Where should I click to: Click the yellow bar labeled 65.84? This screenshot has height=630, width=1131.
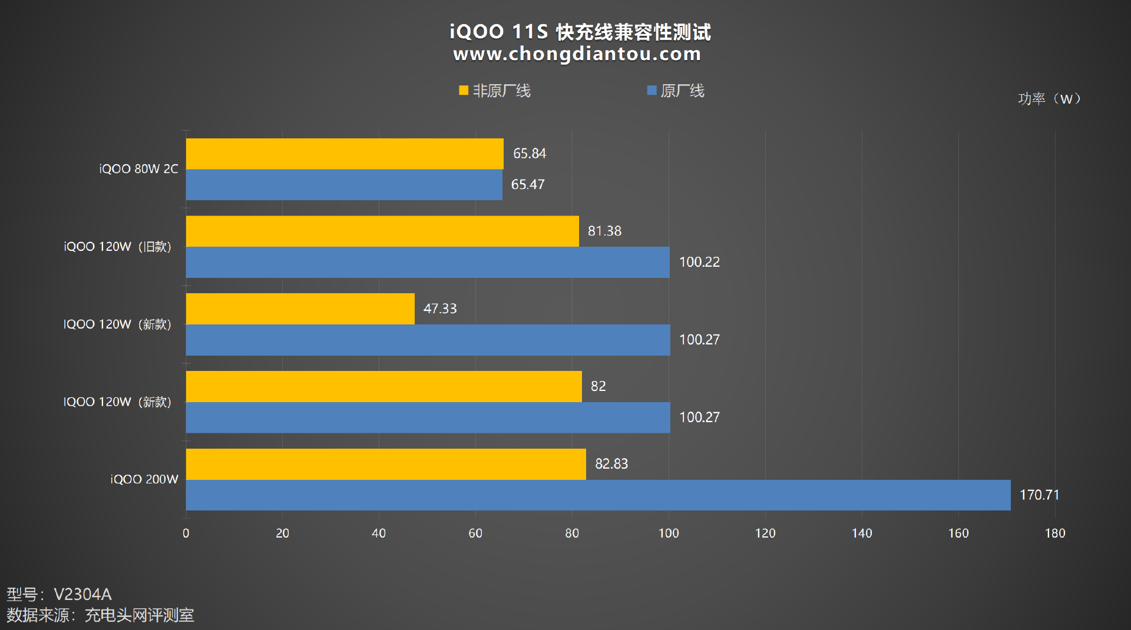(345, 154)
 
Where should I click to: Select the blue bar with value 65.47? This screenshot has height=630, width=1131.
(344, 185)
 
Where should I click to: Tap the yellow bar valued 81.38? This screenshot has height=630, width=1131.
(382, 231)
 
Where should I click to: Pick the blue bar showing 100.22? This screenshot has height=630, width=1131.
(428, 262)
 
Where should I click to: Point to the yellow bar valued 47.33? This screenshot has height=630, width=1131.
(300, 309)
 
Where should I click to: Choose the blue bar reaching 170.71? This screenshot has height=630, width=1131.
(598, 495)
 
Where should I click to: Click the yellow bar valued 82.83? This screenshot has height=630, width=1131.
(386, 464)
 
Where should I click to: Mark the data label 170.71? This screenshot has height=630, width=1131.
(1039, 495)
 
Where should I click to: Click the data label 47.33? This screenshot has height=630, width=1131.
(440, 309)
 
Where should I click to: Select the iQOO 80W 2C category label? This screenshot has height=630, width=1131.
(138, 169)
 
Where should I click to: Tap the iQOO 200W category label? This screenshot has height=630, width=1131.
(144, 479)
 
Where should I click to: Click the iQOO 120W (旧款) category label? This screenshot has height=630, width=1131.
(118, 247)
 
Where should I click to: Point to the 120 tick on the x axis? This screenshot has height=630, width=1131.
(765, 533)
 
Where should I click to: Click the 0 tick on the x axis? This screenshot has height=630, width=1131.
(186, 533)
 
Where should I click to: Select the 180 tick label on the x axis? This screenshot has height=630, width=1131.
(1055, 533)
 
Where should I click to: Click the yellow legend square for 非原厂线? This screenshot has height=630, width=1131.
(464, 91)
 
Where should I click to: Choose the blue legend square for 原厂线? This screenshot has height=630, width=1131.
(652, 91)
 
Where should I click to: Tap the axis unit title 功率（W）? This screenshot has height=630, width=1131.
(1050, 99)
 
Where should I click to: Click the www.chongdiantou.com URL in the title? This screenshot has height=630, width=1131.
(577, 54)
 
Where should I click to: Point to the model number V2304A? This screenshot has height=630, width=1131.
(82, 594)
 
